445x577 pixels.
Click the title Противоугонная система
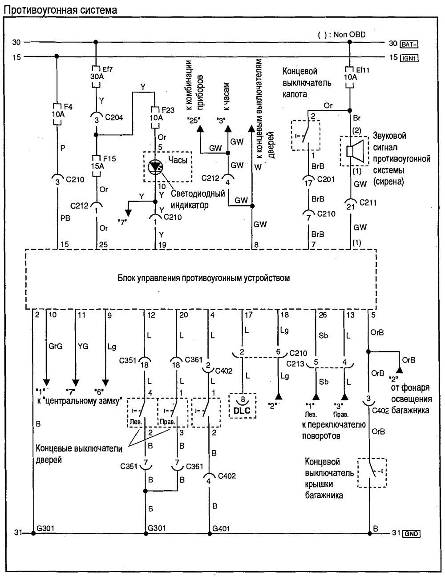pyautogui.click(x=60, y=10)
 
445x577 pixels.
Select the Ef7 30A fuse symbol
pyautogui.click(x=96, y=76)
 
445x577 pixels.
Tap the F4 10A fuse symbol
pyautogui.click(x=57, y=114)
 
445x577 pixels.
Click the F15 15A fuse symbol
pyautogui.click(x=96, y=166)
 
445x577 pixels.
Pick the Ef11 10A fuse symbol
pyautogui.click(x=350, y=77)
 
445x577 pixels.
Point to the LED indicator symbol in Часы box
pyautogui.click(x=155, y=167)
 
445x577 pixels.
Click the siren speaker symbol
pyautogui.click(x=355, y=151)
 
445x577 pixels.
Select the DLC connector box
pyautogui.click(x=243, y=406)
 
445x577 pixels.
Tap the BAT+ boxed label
pyautogui.click(x=409, y=44)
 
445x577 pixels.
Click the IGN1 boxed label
pyautogui.click(x=409, y=58)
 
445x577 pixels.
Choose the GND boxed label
pyautogui.click(x=411, y=534)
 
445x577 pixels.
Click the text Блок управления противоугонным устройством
pyautogui.click(x=204, y=278)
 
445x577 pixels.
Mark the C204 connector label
pyautogui.click(x=114, y=117)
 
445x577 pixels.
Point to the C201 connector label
pyautogui.click(x=326, y=179)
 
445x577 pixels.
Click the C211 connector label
pyautogui.click(x=368, y=202)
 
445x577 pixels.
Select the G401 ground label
pyautogui.click(x=221, y=529)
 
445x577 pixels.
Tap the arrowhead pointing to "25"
pyautogui.click(x=200, y=129)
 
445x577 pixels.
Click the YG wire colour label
pyautogui.click(x=83, y=346)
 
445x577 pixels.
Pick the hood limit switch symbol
pyautogui.click(x=306, y=135)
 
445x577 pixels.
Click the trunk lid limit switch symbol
pyautogui.click(x=372, y=472)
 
